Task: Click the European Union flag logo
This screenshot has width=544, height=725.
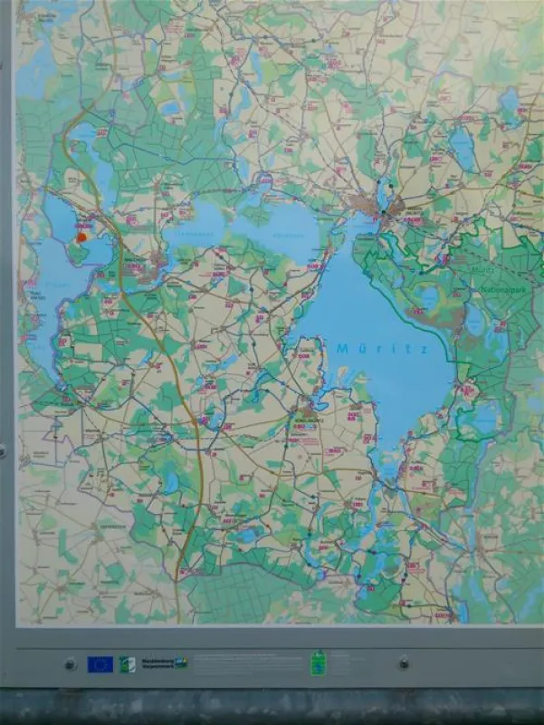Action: pos(100,664)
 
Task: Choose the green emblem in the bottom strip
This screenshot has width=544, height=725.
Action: pos(318,662)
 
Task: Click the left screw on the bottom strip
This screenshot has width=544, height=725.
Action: pos(71,664)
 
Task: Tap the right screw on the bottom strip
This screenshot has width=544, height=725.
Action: pos(403,662)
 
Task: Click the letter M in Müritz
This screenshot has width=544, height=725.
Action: pos(342,347)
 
